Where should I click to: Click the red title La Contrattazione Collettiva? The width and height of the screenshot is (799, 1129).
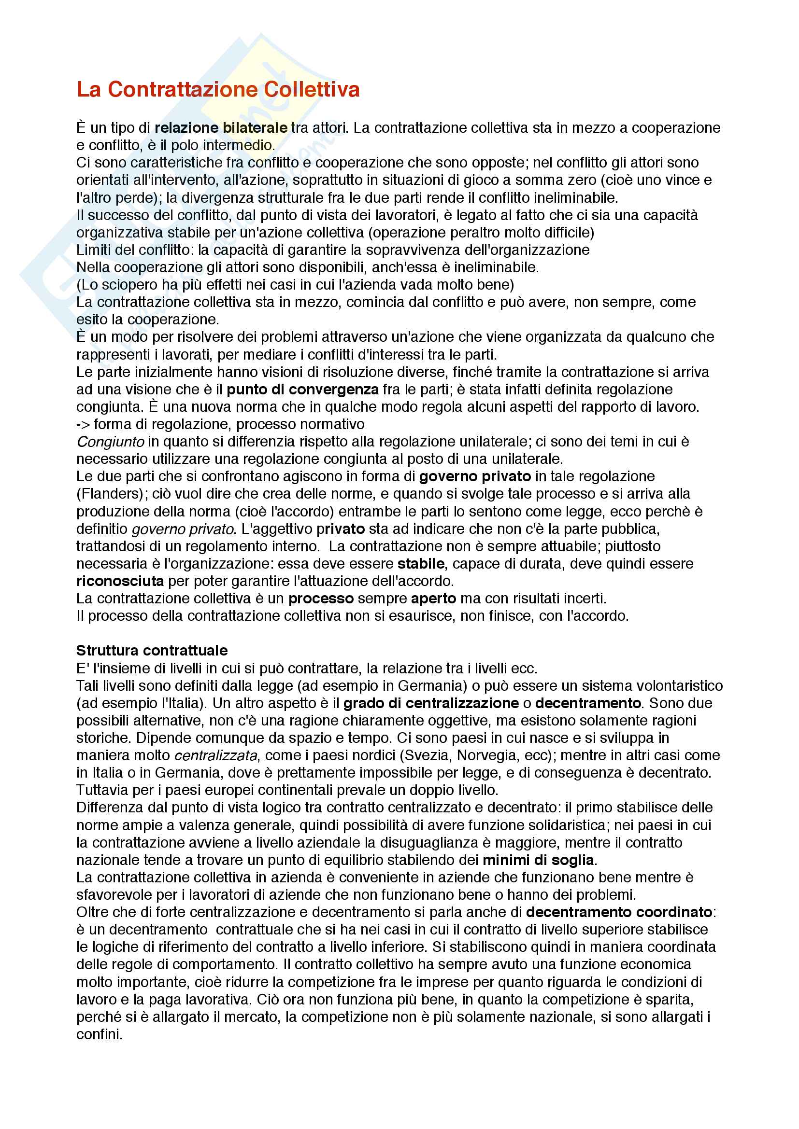pos(218,89)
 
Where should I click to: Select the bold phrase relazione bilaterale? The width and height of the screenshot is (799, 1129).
pos(221,128)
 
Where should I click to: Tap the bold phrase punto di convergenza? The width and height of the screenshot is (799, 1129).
pos(302,390)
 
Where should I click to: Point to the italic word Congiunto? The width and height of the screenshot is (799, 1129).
pos(110,442)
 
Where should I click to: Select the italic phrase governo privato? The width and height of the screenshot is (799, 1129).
pos(183,529)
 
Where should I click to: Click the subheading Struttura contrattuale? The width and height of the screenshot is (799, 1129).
pos(152,651)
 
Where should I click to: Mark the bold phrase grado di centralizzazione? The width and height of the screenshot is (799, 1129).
pos(431,703)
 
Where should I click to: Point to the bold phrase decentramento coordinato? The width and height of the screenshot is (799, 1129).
pos(619,912)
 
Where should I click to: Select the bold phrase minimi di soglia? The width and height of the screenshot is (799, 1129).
pos(538,860)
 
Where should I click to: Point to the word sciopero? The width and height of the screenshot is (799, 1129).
pos(125,285)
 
